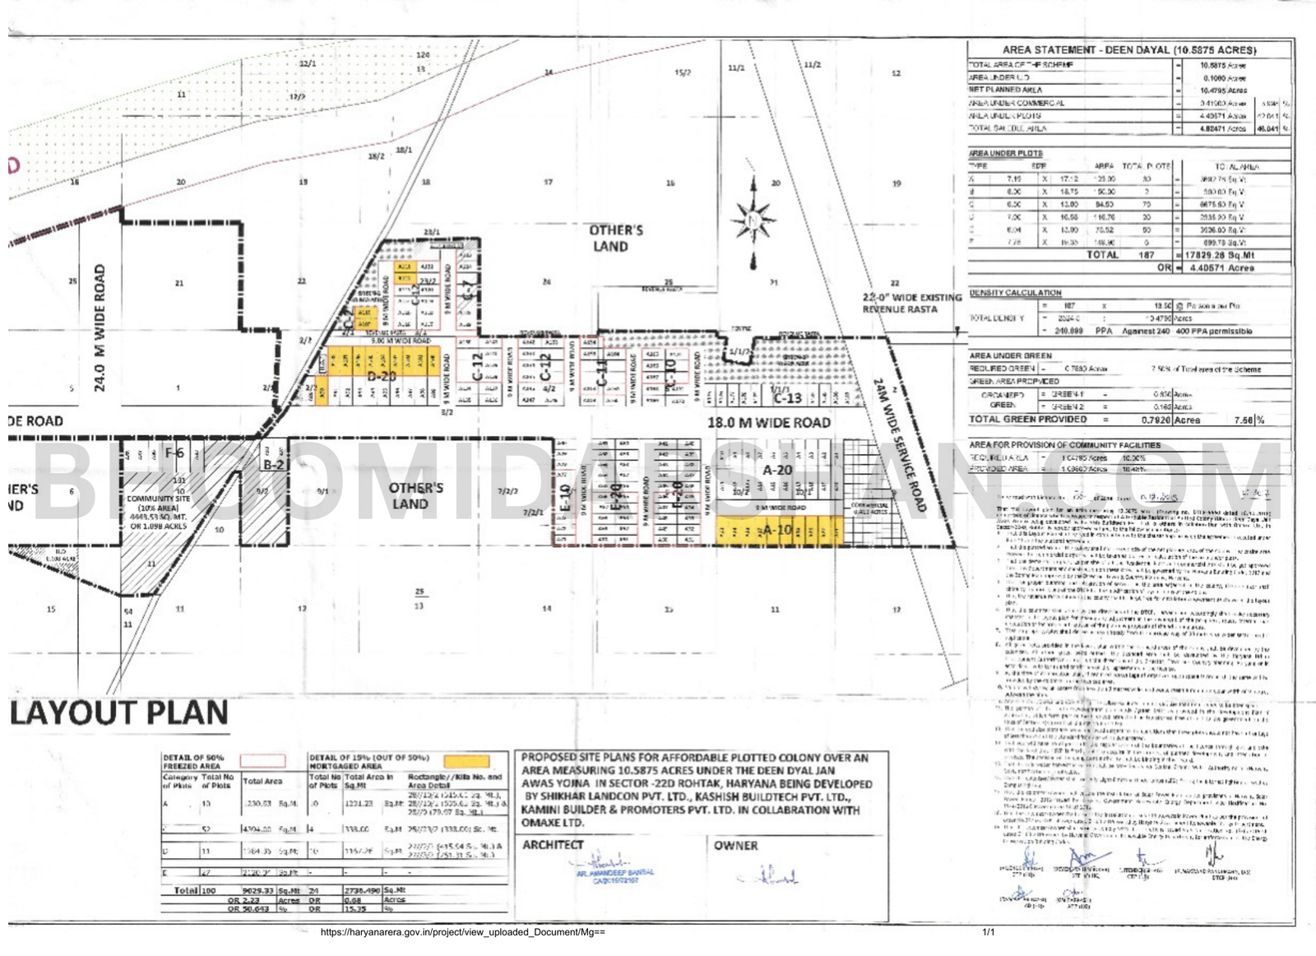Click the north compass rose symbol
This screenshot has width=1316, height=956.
coord(753,220)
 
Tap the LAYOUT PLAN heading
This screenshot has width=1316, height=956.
coord(119,712)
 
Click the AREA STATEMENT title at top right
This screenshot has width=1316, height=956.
coord(1128,50)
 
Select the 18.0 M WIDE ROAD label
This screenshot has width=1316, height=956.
coord(769,423)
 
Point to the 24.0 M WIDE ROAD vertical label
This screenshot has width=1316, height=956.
coord(100,327)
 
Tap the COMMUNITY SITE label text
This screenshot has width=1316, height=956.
coord(158,499)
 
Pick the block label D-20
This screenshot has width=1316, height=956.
coord(382,376)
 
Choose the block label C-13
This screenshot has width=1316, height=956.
coord(787,397)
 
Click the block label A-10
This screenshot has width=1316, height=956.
coord(776,531)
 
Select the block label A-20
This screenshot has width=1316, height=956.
coord(777,470)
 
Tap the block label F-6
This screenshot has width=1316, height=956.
coord(174,453)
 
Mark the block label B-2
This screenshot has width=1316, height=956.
coord(273,465)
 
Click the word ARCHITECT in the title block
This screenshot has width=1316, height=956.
coord(553,845)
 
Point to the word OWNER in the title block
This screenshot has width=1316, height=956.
coord(735,845)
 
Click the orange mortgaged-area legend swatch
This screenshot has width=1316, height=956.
coord(466,761)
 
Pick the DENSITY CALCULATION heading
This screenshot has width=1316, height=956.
coord(1015,293)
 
